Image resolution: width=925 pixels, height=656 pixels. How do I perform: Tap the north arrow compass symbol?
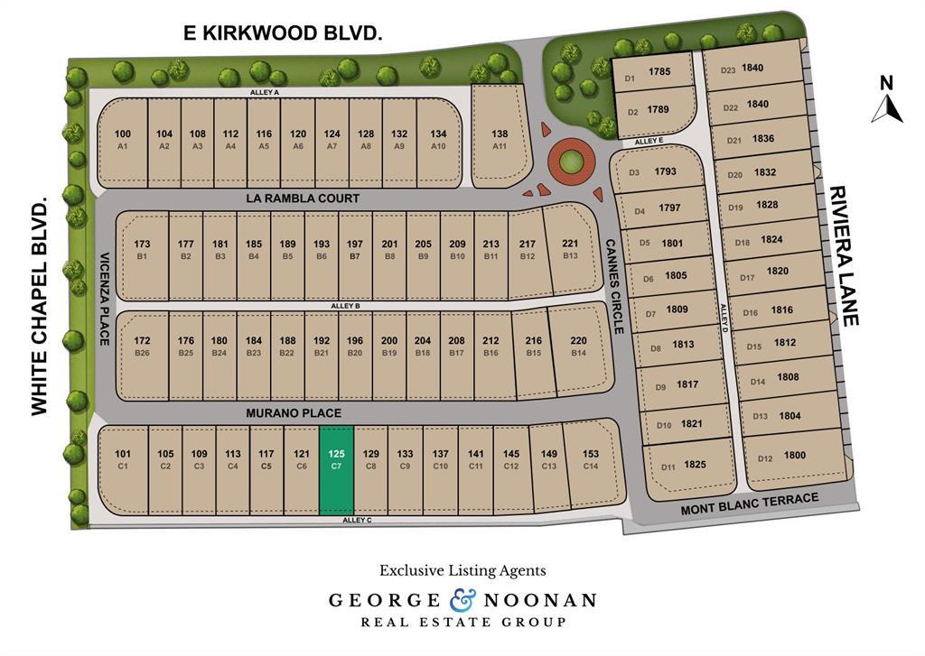[887, 100]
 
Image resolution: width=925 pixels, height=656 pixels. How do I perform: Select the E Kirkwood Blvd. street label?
[284, 33]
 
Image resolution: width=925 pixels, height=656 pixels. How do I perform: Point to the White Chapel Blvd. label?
[39, 309]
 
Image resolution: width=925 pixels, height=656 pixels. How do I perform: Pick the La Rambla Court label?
[303, 198]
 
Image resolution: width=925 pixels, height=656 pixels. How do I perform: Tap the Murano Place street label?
[294, 412]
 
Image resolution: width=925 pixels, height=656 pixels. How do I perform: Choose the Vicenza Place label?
[104, 298]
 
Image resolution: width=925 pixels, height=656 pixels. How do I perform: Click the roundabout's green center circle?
[570, 163]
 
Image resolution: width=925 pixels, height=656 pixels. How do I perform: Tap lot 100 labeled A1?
[122, 140]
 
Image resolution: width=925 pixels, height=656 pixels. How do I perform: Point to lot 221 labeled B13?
[570, 249]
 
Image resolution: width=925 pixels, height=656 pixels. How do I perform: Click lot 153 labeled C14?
[591, 459]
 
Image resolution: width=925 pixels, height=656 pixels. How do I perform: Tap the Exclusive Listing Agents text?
[462, 570]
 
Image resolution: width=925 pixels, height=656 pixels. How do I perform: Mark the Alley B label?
[345, 306]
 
